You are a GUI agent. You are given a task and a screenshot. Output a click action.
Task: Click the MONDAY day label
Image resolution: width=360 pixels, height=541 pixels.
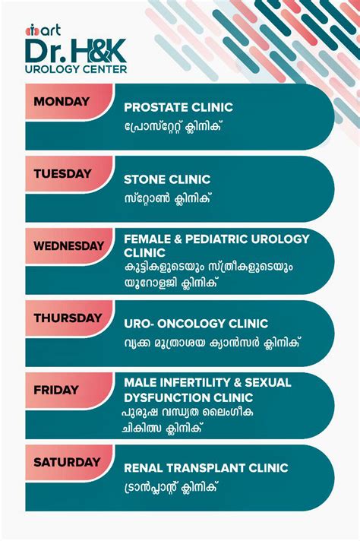(62, 102)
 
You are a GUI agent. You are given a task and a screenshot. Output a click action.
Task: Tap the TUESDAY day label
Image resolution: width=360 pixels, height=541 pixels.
(62, 173)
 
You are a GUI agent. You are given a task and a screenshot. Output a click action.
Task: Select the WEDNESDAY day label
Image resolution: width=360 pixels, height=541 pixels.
(68, 246)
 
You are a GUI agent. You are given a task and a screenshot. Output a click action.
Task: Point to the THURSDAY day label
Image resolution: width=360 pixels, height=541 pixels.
(68, 318)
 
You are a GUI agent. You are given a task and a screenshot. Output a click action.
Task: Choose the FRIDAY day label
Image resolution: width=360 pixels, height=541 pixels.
(56, 390)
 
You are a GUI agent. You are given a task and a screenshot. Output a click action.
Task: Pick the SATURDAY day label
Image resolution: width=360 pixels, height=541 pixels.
(67, 462)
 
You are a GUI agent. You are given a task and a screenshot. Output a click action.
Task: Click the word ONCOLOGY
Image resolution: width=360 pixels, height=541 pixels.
(191, 324)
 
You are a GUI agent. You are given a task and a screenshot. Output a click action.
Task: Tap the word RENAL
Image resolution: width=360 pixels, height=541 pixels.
(144, 468)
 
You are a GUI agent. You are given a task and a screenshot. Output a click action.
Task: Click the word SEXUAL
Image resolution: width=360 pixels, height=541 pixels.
(268, 383)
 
